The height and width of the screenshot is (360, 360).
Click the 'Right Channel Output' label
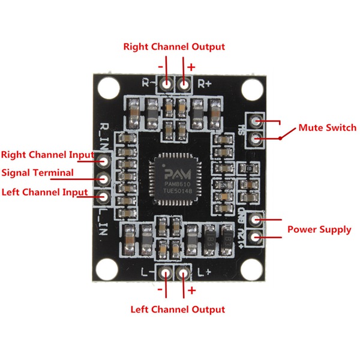(x=174, y=46)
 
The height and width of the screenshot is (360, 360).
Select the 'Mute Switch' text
(x=327, y=128)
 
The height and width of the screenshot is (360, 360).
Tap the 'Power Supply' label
(x=319, y=229)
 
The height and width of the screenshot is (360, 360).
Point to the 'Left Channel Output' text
(x=178, y=309)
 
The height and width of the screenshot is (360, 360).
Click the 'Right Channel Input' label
(x=47, y=154)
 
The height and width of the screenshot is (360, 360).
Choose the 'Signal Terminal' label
(x=38, y=173)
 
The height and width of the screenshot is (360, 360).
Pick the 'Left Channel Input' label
(x=44, y=192)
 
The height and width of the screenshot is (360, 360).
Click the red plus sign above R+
(x=191, y=67)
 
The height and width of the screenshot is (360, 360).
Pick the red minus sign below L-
(x=160, y=290)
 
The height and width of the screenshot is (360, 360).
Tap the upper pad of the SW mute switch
(x=256, y=122)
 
